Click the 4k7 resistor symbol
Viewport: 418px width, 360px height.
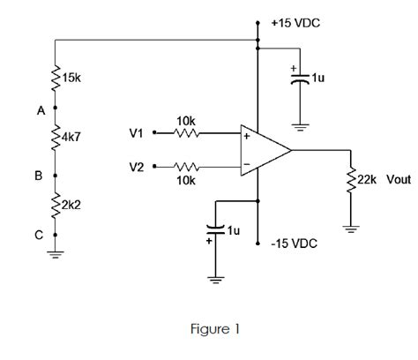coord(56,139)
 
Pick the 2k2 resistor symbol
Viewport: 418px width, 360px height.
coord(56,205)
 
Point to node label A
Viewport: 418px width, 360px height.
coord(40,111)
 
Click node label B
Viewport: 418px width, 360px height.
coord(38,176)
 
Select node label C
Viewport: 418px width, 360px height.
coord(39,236)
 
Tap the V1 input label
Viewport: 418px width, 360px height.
coord(135,134)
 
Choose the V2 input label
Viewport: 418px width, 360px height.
coord(135,165)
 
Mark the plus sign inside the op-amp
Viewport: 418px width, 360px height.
coord(246,137)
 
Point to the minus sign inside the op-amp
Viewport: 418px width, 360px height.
coord(246,163)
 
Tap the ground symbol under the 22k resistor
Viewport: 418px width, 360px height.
coord(352,231)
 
